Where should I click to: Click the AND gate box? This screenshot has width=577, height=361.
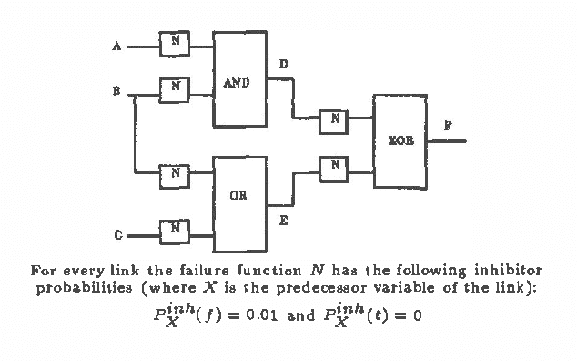click(x=239, y=80)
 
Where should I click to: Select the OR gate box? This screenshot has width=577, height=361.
click(x=239, y=203)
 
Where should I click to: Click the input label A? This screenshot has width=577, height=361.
click(x=116, y=46)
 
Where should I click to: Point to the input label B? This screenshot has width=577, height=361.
click(x=116, y=92)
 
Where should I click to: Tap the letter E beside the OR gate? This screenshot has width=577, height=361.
click(x=283, y=219)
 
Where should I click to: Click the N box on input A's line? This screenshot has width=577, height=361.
click(x=174, y=40)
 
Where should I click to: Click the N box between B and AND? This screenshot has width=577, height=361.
click(x=174, y=88)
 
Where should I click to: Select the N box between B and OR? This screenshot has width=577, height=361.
click(x=174, y=171)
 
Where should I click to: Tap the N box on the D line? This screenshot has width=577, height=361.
click(x=334, y=118)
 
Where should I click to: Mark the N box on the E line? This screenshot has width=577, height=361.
click(x=334, y=165)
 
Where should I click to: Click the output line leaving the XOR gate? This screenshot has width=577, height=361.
click(x=451, y=141)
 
